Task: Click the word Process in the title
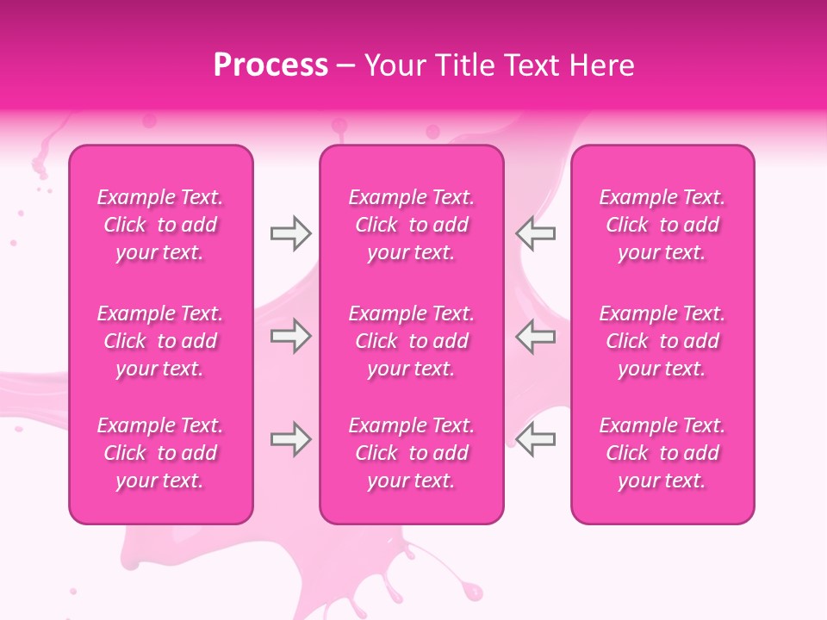[270, 65]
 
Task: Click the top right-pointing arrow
[290, 233]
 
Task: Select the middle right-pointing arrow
[290, 336]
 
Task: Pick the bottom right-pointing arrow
[290, 439]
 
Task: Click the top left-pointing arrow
[535, 233]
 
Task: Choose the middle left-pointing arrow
[535, 336]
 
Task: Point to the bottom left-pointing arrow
[535, 439]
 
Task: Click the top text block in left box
[160, 225]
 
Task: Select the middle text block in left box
[160, 341]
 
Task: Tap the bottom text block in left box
[160, 453]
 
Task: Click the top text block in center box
[412, 225]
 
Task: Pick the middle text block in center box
[412, 341]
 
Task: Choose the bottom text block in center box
[412, 453]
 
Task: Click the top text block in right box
[662, 225]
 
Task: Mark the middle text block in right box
[662, 341]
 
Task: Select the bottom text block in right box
[662, 453]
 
